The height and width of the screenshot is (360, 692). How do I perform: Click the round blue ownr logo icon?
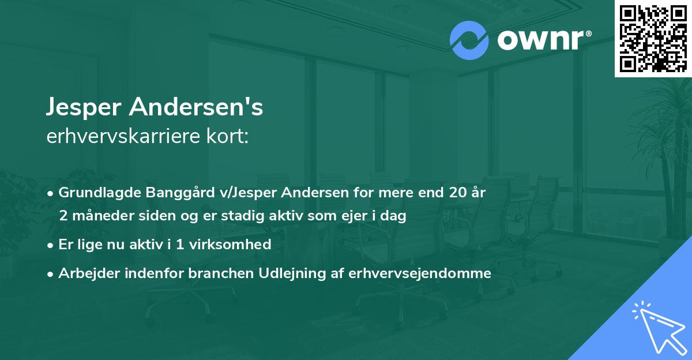tap(469, 40)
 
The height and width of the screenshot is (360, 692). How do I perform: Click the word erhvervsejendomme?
tap(420, 273)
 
